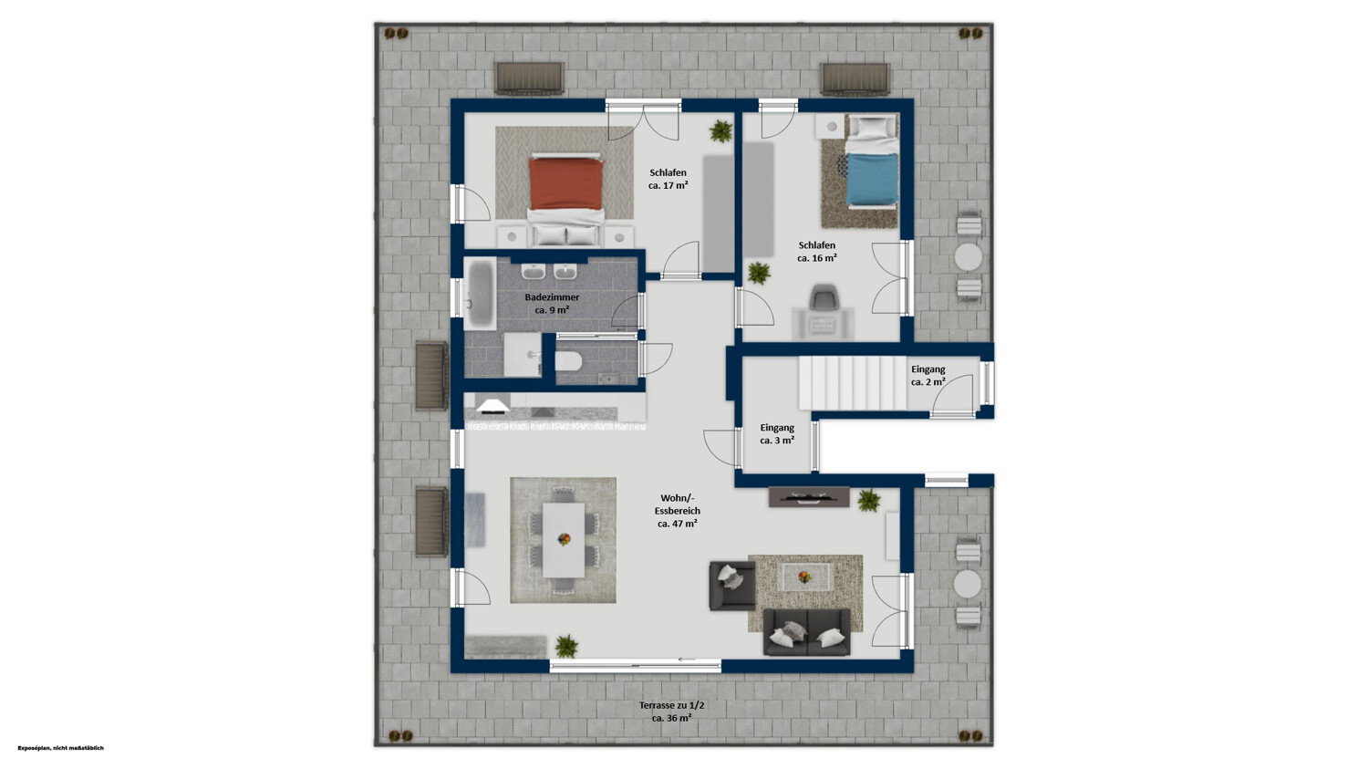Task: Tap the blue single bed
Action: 872,162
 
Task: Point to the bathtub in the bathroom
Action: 481,293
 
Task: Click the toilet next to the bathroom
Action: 568,361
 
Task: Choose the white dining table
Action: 563,540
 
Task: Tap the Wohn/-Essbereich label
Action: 678,511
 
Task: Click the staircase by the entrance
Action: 853,383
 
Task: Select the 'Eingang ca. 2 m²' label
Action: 928,376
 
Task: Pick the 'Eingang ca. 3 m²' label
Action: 777,433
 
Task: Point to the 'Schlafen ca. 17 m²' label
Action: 668,179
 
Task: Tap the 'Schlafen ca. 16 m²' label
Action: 817,252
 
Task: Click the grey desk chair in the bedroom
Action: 823,296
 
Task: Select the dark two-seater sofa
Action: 807,632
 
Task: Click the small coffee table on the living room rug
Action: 805,577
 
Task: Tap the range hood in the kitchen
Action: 493,406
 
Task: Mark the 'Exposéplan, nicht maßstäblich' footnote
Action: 60,748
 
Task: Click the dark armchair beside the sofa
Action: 732,586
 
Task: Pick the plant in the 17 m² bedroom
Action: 721,131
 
